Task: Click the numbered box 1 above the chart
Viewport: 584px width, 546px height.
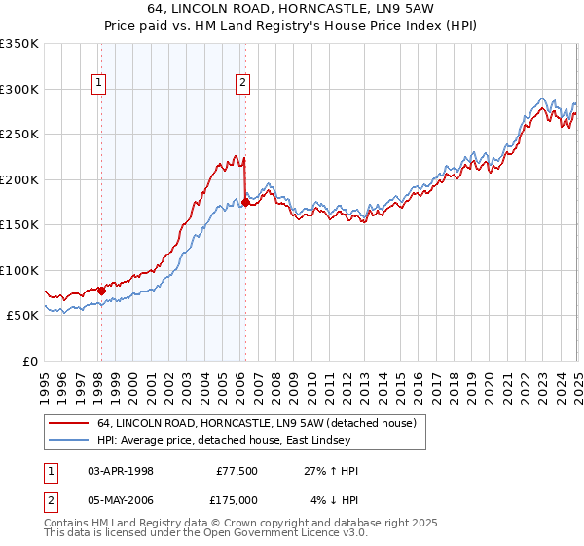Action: pyautogui.click(x=99, y=84)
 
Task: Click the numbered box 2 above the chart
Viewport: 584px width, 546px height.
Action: pyautogui.click(x=241, y=84)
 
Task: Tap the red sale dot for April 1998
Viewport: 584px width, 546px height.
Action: pyautogui.click(x=101, y=291)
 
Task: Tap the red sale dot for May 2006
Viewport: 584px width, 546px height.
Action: pyautogui.click(x=245, y=203)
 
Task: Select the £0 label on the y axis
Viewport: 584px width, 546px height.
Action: pyautogui.click(x=29, y=361)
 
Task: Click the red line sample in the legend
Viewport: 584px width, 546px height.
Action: pyautogui.click(x=68, y=422)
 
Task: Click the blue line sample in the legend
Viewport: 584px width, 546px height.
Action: pyautogui.click(x=68, y=440)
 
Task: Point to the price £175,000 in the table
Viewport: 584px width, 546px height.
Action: pyautogui.click(x=237, y=500)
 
